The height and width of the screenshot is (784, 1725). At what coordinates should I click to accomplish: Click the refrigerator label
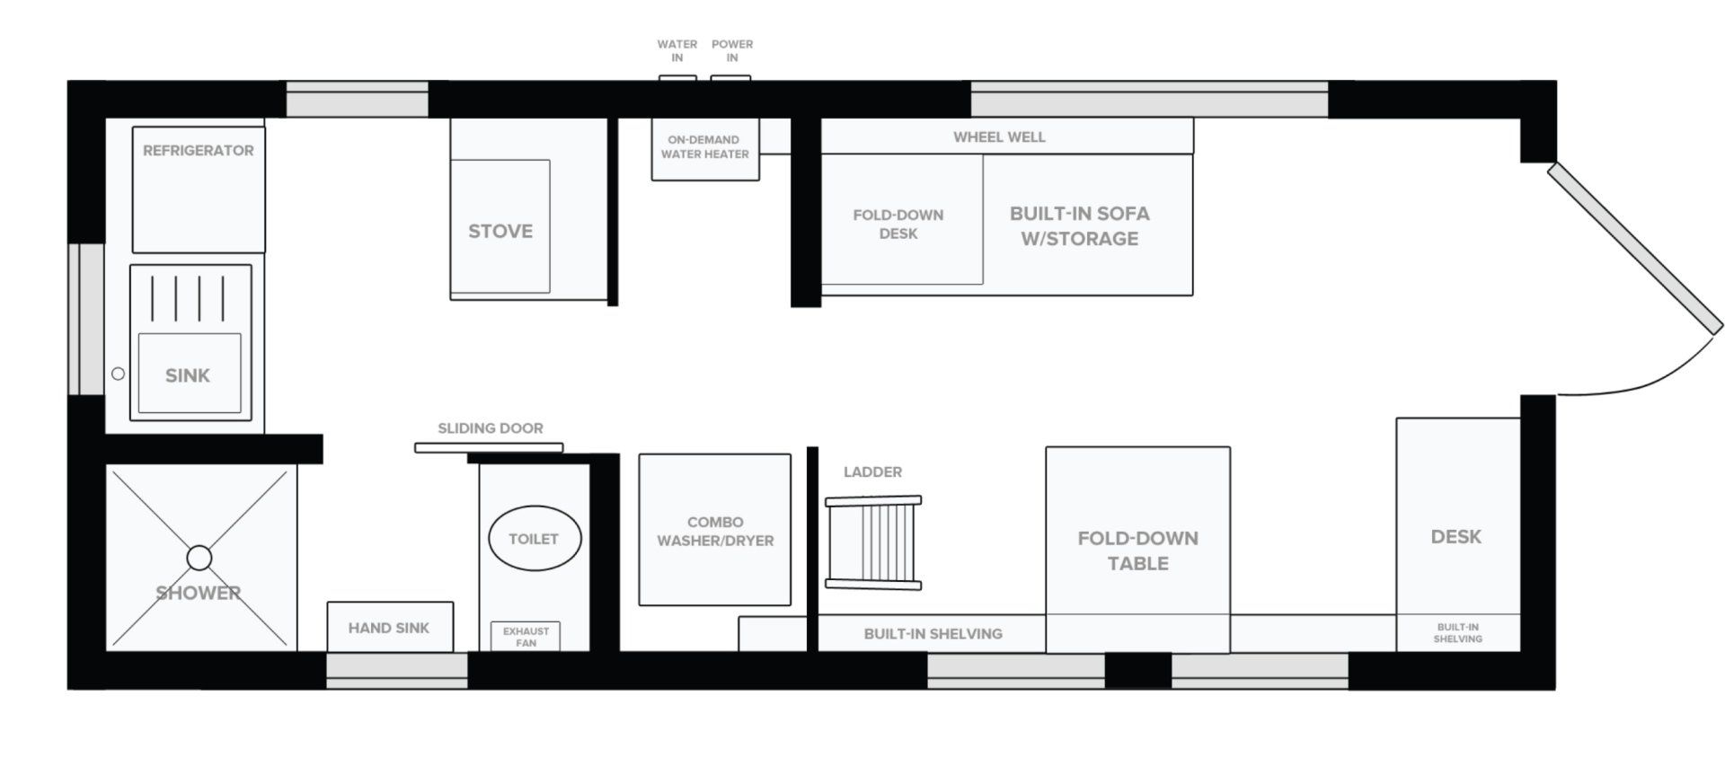click(x=198, y=151)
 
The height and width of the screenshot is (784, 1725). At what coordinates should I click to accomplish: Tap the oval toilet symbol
click(x=535, y=539)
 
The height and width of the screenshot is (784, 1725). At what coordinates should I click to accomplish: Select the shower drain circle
click(x=199, y=559)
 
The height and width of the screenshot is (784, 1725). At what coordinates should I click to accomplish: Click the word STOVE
click(x=500, y=232)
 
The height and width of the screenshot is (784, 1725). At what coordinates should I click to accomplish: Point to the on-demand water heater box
click(x=705, y=149)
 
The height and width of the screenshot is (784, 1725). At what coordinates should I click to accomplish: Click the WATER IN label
click(x=677, y=50)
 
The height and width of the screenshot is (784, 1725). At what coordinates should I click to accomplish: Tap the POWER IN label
click(x=732, y=50)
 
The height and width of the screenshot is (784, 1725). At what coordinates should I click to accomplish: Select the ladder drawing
click(x=873, y=542)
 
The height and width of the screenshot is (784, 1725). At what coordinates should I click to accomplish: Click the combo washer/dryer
click(x=715, y=530)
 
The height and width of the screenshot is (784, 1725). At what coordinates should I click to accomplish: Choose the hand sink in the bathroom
click(x=390, y=627)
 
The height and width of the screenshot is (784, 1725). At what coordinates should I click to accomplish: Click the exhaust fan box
click(x=526, y=637)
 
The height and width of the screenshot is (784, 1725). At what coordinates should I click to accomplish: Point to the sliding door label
click(x=491, y=428)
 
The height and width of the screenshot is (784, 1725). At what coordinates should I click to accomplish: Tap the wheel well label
click(x=999, y=137)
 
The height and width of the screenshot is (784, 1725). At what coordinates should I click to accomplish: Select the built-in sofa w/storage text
click(x=1080, y=226)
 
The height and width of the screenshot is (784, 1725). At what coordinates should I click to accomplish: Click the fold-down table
click(x=1138, y=550)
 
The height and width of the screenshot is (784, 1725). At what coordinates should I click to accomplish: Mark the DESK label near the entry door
click(x=1456, y=537)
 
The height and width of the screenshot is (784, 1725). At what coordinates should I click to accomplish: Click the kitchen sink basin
click(x=190, y=374)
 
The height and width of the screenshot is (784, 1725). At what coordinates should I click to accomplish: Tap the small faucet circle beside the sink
click(x=118, y=374)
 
